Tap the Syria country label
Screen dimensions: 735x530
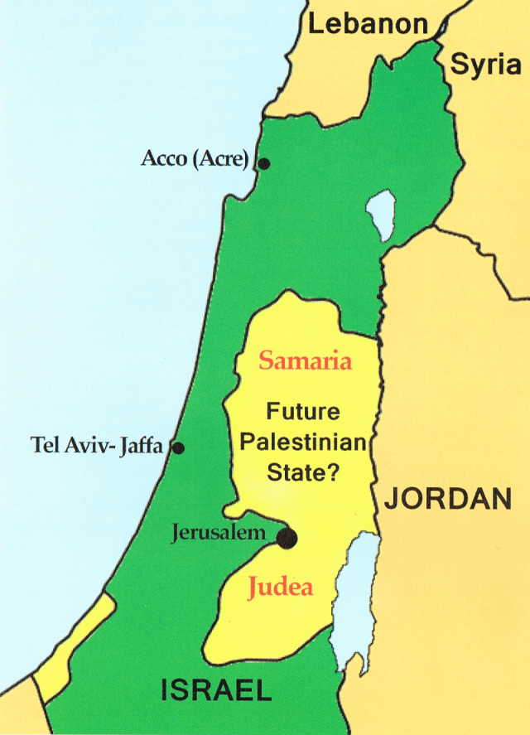click(485, 65)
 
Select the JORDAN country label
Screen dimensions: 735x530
click(445, 499)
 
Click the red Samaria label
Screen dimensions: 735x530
click(306, 362)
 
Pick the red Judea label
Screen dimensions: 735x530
click(281, 588)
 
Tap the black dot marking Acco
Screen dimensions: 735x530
click(263, 164)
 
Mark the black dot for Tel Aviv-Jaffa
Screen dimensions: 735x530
click(177, 448)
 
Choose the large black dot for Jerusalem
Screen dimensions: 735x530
click(287, 539)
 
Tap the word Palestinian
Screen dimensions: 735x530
click(302, 442)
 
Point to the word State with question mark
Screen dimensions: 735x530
click(304, 473)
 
